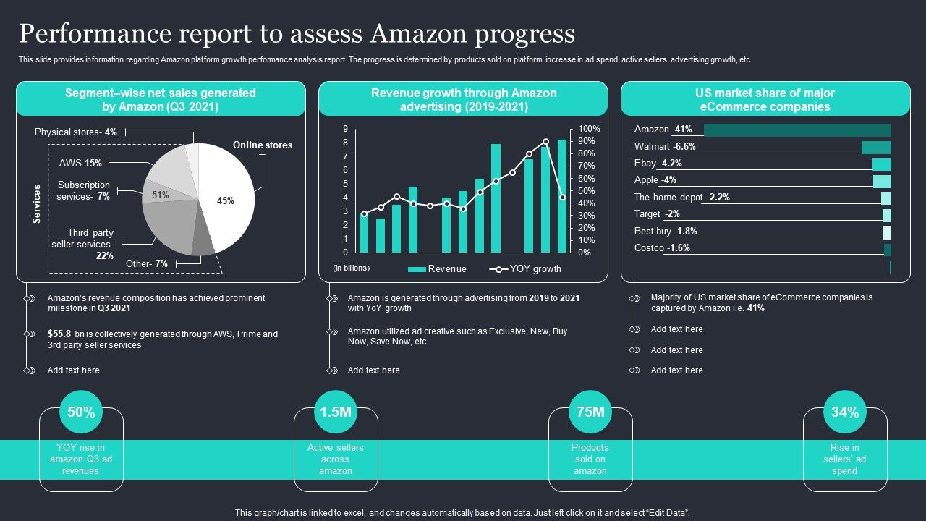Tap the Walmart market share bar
tap(876, 147)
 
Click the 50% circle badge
tap(81, 412)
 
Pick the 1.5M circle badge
tap(336, 412)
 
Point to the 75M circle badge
tap(590, 412)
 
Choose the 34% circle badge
tap(845, 412)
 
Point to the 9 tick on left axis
tap(346, 129)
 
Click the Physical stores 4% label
tap(76, 132)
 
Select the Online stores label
tap(263, 145)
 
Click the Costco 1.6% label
tap(662, 248)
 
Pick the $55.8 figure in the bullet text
tap(59, 334)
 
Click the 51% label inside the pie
tap(161, 195)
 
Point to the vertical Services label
tap(37, 204)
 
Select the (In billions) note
tap(352, 268)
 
